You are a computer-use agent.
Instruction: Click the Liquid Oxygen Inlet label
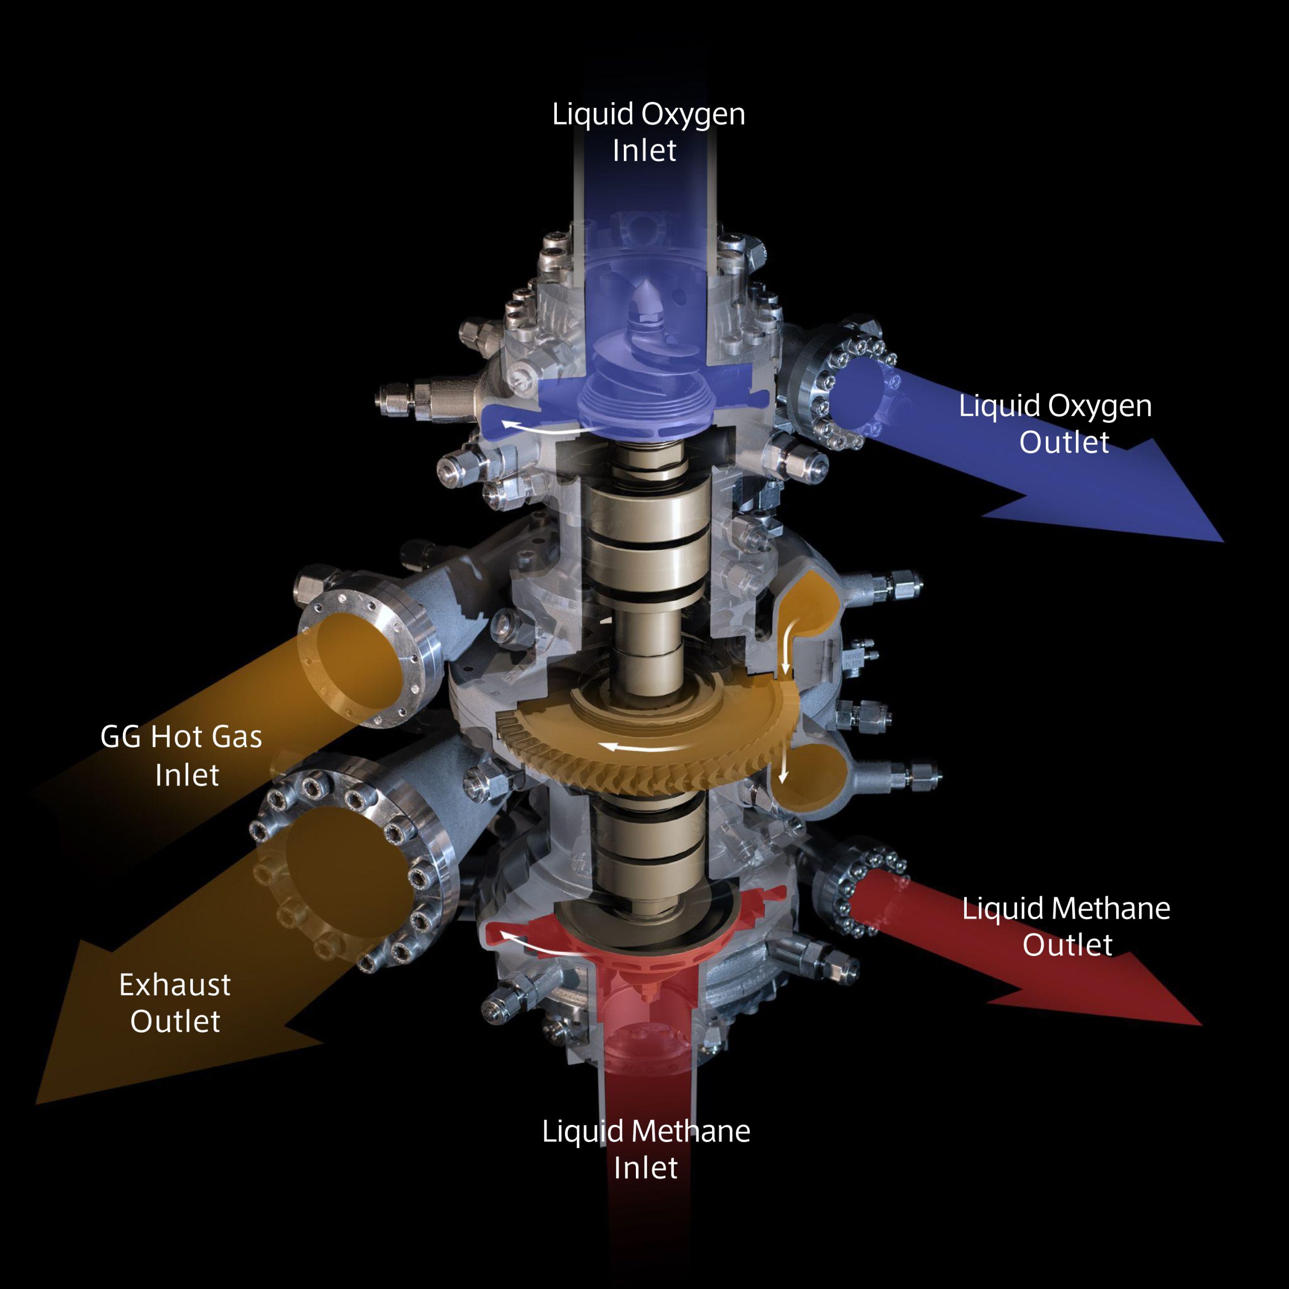[x=648, y=132]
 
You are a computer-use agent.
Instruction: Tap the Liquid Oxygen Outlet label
[x=1055, y=423]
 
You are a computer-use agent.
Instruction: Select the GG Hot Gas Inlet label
[x=181, y=755]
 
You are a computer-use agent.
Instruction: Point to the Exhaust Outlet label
[x=175, y=1003]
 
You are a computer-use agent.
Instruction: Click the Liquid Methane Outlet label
[x=1066, y=926]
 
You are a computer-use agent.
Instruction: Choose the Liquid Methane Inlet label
[x=646, y=1149]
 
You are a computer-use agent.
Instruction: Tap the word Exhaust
[x=175, y=985]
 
